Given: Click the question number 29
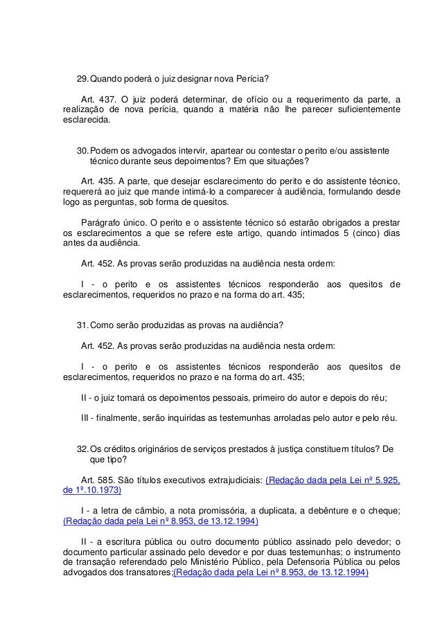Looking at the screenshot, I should click(x=82, y=77).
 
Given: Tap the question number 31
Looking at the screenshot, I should click(x=82, y=326).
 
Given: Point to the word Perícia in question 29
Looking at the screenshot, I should click(x=252, y=77).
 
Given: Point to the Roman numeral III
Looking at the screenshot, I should click(x=86, y=417).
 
